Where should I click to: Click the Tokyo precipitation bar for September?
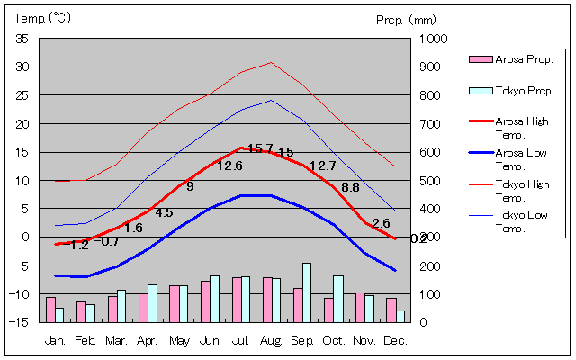[307, 292]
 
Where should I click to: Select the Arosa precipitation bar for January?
[50, 309]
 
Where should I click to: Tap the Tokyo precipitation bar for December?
[400, 316]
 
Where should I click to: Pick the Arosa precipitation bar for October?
[328, 310]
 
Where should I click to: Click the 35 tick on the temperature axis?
[22, 39]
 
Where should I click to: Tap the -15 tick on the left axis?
[21, 322]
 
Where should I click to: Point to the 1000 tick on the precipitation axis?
[431, 39]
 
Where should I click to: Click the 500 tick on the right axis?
[428, 181]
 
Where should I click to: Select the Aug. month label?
[271, 341]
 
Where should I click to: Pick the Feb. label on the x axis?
[85, 341]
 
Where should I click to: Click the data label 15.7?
[260, 148]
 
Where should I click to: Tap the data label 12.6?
[229, 166]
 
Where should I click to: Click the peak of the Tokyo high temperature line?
[271, 63]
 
